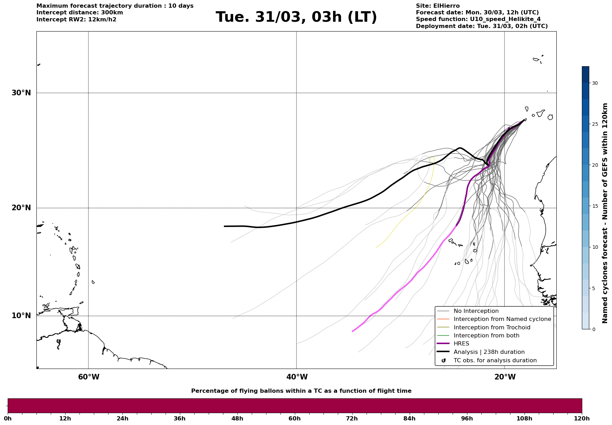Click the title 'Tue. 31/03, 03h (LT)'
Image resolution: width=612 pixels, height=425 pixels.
(x=296, y=17)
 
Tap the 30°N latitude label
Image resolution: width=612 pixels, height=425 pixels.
(x=21, y=93)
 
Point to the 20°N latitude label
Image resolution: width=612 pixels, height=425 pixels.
(x=21, y=208)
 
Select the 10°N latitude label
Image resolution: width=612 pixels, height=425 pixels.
(x=21, y=316)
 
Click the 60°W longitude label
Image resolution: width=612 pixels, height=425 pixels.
(x=89, y=377)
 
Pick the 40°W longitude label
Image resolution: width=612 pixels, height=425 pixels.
(x=297, y=377)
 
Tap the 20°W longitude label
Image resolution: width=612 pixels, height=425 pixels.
(x=505, y=377)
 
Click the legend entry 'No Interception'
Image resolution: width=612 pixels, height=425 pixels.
(x=476, y=311)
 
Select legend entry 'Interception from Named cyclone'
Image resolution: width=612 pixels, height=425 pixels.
(x=502, y=319)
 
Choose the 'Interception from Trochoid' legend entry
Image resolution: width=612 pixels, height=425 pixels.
(x=492, y=328)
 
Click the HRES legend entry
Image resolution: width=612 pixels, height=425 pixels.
(x=461, y=344)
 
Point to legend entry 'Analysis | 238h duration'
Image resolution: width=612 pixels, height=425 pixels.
(x=489, y=352)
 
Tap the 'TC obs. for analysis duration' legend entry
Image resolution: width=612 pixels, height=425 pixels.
(x=495, y=361)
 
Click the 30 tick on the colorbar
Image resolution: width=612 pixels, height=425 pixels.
(x=595, y=83)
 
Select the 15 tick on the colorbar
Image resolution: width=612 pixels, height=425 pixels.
(x=595, y=206)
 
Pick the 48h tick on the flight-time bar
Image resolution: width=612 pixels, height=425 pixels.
(x=237, y=418)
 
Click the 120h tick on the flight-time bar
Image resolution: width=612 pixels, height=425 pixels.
(x=582, y=418)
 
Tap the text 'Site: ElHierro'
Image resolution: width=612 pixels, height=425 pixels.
(x=438, y=6)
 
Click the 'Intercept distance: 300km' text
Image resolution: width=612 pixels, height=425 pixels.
(x=79, y=13)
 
